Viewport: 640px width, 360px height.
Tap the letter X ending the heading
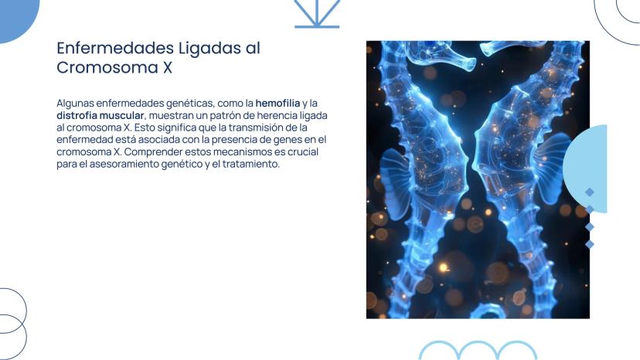(x=168, y=67)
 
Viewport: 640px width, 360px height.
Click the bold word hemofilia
(x=277, y=103)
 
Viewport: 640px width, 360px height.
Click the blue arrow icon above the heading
(x=317, y=14)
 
